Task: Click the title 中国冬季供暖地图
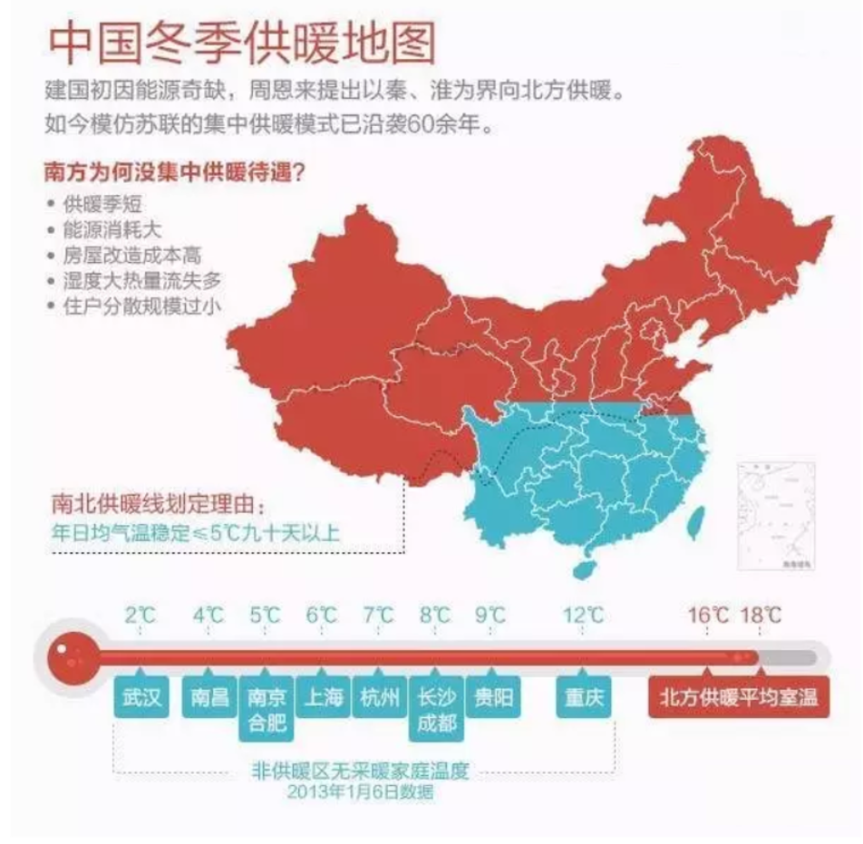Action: (241, 44)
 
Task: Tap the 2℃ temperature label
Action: (141, 616)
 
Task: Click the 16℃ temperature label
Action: (708, 616)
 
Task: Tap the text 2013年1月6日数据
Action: (360, 792)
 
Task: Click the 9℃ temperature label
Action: (491, 616)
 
